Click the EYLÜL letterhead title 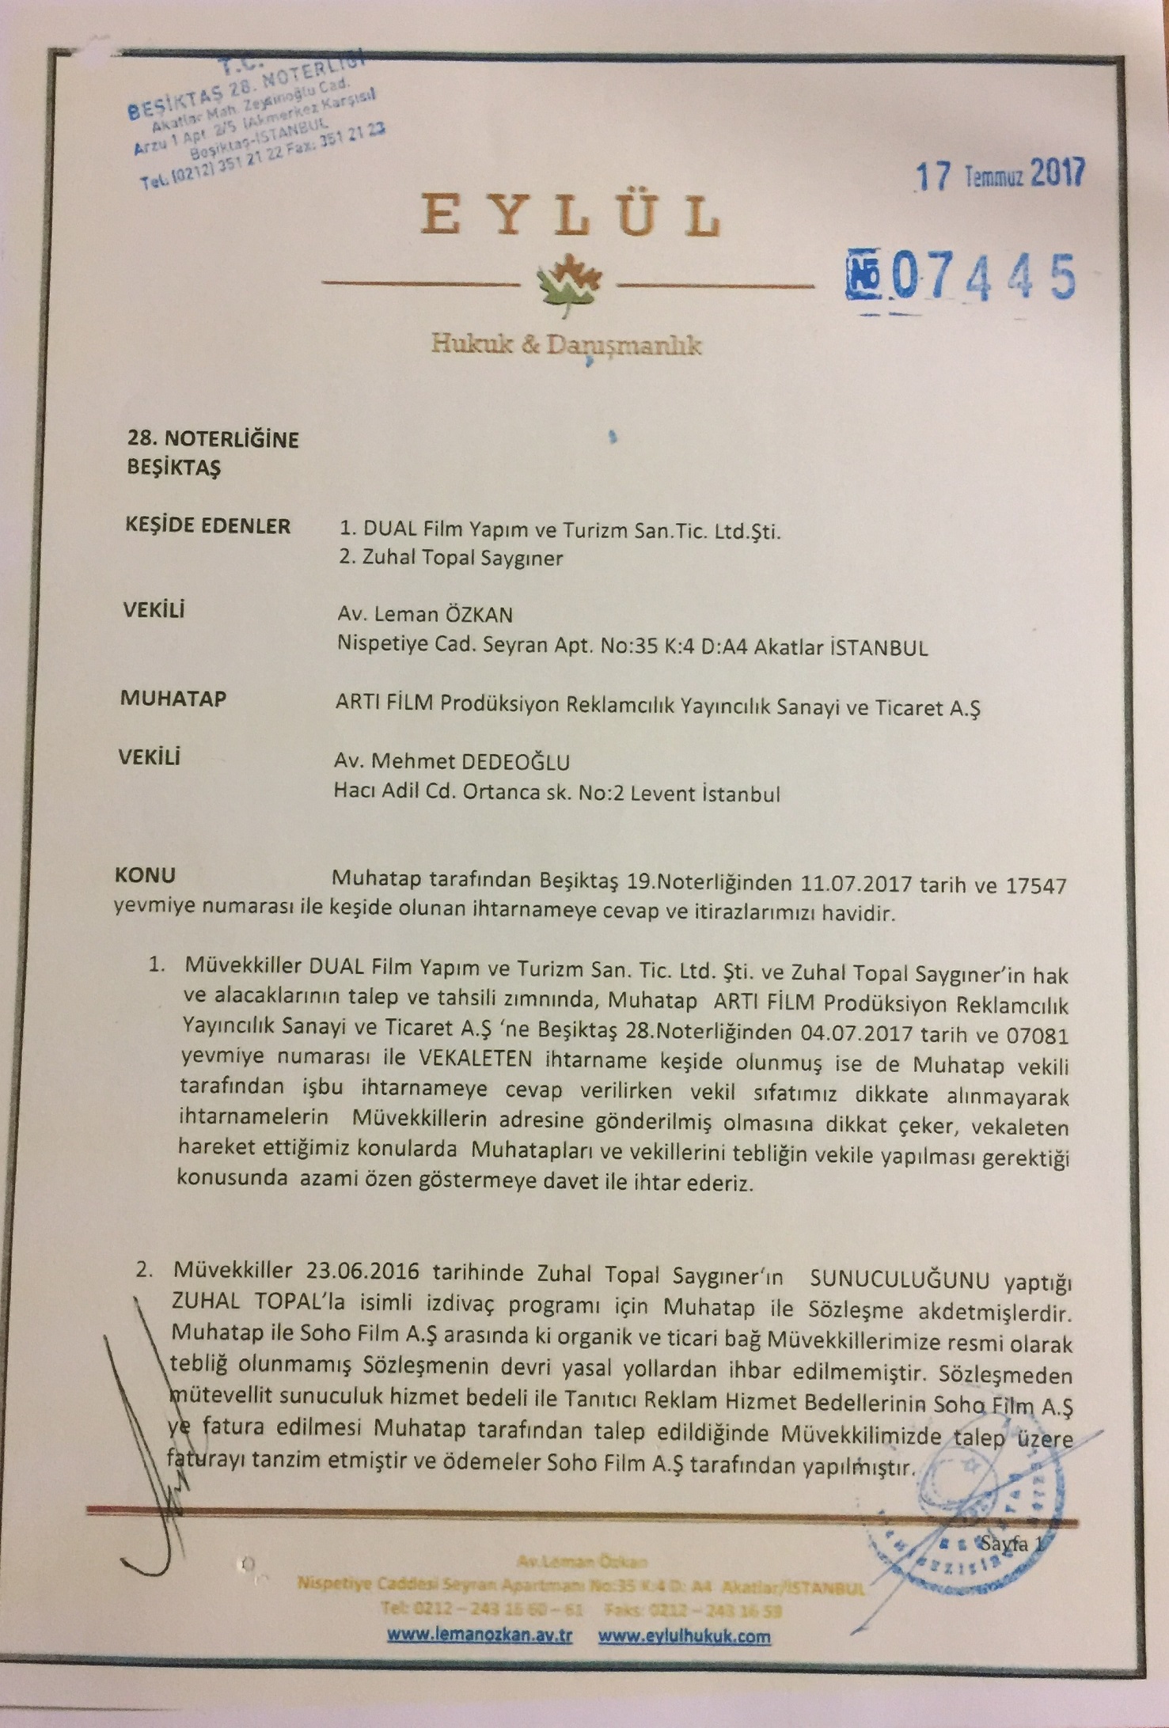coord(570,215)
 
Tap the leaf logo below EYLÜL coord(568,282)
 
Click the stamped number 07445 coord(962,277)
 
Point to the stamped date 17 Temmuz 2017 coord(999,174)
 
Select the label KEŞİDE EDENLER coord(208,526)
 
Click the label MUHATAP coord(173,699)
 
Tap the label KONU coord(146,876)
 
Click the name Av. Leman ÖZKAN coord(425,615)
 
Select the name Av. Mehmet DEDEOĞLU coord(452,762)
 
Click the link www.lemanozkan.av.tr coord(479,1636)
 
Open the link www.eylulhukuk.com coord(685,1636)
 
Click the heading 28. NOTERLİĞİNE coord(213,439)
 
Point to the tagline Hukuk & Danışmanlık coord(567,345)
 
